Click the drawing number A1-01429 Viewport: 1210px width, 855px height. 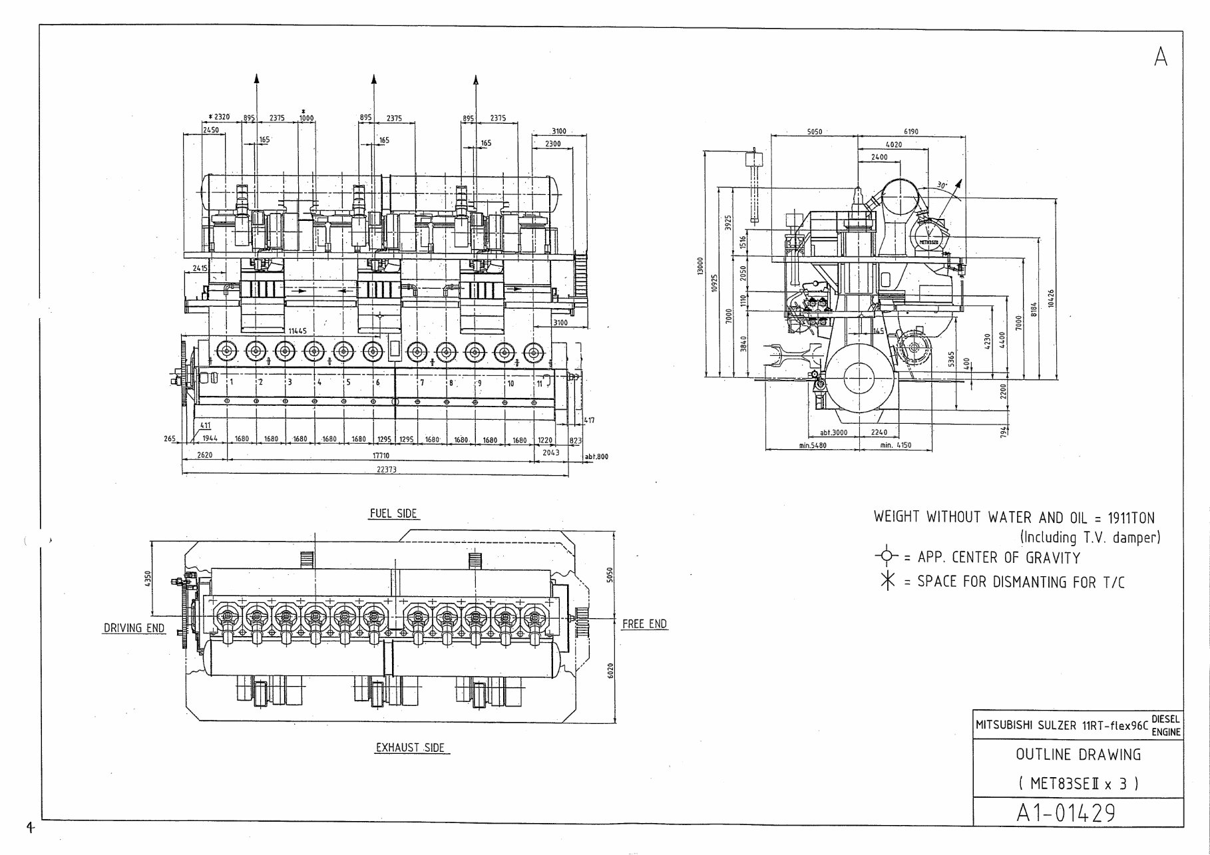point(1066,812)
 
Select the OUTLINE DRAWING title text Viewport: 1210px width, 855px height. point(1078,755)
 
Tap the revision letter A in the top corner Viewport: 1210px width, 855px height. point(1161,57)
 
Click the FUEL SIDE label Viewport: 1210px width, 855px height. point(393,514)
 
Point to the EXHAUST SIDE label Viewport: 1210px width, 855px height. point(409,748)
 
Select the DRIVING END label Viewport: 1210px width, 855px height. point(134,628)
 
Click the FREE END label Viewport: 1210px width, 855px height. point(644,624)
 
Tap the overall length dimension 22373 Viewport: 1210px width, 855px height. point(386,470)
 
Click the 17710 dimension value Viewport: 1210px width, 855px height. point(380,456)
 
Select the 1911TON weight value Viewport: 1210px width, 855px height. point(1131,518)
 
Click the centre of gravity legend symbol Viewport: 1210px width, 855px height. point(885,556)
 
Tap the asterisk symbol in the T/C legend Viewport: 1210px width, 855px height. point(887,581)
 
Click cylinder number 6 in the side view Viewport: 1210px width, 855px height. point(377,383)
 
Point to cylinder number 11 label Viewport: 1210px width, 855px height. point(539,383)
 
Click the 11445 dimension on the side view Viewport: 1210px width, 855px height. point(298,331)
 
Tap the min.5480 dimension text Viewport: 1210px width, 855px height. point(812,445)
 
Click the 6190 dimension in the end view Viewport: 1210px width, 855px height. point(910,132)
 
